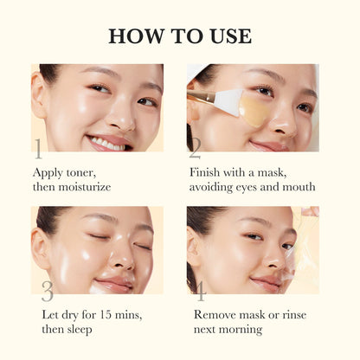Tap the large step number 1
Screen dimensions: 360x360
coord(37,148)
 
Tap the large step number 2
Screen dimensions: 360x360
coord(196,148)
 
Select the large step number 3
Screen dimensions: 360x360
coord(47,291)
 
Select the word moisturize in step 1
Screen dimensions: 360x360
coord(82,187)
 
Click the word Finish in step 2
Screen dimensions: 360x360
coord(207,171)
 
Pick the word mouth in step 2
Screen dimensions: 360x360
coord(296,187)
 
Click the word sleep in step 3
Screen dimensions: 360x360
coord(80,330)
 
